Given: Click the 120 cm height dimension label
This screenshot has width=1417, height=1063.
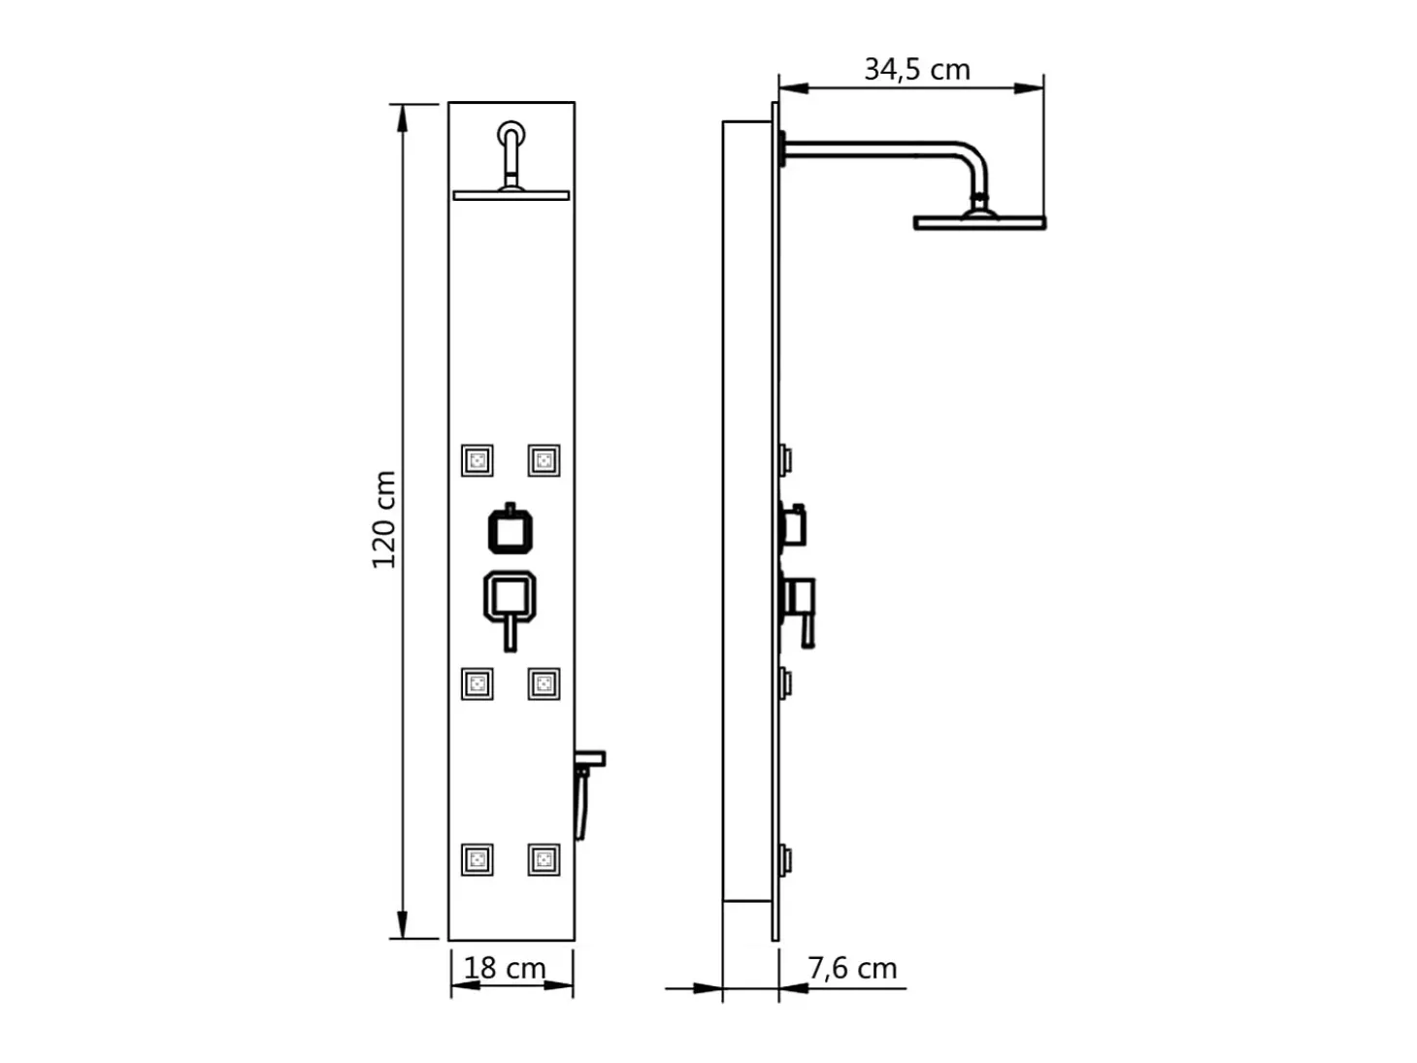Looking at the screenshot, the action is click(384, 520).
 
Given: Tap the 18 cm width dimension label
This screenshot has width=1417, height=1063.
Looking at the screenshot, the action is click(505, 968).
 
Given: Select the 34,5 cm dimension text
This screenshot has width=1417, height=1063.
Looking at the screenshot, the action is click(917, 70).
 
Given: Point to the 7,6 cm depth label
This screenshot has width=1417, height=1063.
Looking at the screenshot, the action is click(852, 968).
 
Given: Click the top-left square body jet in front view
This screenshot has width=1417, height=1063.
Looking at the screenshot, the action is click(478, 461).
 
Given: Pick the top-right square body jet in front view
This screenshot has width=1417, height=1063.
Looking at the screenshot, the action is click(544, 461).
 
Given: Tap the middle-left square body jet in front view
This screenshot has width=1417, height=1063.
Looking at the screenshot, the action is click(478, 684).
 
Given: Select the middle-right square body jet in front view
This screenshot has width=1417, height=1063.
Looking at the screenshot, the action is click(544, 684).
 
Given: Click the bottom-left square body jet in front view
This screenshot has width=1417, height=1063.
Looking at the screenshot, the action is click(478, 860).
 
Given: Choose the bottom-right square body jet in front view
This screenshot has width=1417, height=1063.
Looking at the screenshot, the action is click(544, 860).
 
